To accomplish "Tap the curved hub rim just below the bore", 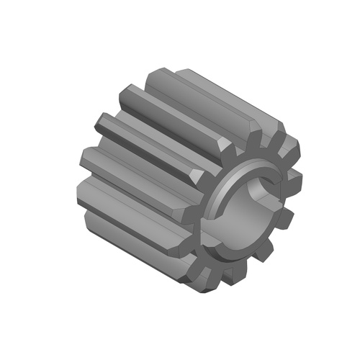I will coord(238,248).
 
